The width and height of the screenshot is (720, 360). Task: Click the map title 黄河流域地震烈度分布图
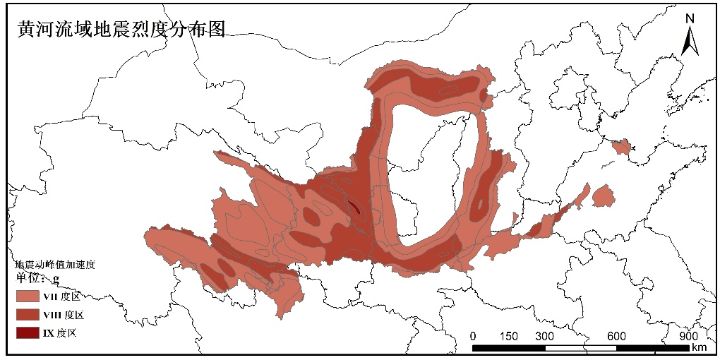pyautogui.click(x=121, y=28)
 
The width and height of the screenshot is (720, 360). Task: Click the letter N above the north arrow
pyautogui.click(x=690, y=18)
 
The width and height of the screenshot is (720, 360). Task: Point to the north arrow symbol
pyautogui.click(x=690, y=40)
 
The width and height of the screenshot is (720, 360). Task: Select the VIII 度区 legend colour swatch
pyautogui.click(x=28, y=314)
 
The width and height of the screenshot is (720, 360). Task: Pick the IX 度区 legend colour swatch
pyautogui.click(x=28, y=332)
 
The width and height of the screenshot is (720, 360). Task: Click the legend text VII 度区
pyautogui.click(x=61, y=296)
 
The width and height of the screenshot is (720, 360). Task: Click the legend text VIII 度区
pyautogui.click(x=64, y=314)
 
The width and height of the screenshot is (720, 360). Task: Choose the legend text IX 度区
pyautogui.click(x=59, y=332)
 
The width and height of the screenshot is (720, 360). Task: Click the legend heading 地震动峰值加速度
pyautogui.click(x=55, y=264)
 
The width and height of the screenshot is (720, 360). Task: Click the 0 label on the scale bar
pyautogui.click(x=473, y=335)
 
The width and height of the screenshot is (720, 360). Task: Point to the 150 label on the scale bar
pyautogui.click(x=508, y=335)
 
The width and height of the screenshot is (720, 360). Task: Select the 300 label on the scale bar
pyautogui.click(x=544, y=335)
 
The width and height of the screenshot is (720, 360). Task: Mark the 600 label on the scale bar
pyautogui.click(x=616, y=335)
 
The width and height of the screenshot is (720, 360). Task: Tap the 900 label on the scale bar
pyautogui.click(x=688, y=335)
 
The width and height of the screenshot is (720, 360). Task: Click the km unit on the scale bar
pyautogui.click(x=699, y=347)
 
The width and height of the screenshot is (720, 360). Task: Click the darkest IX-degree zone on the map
pyautogui.click(x=354, y=207)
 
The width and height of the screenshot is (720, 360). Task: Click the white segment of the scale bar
pyautogui.click(x=580, y=347)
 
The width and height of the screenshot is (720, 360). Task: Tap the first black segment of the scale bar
pyautogui.click(x=491, y=347)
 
